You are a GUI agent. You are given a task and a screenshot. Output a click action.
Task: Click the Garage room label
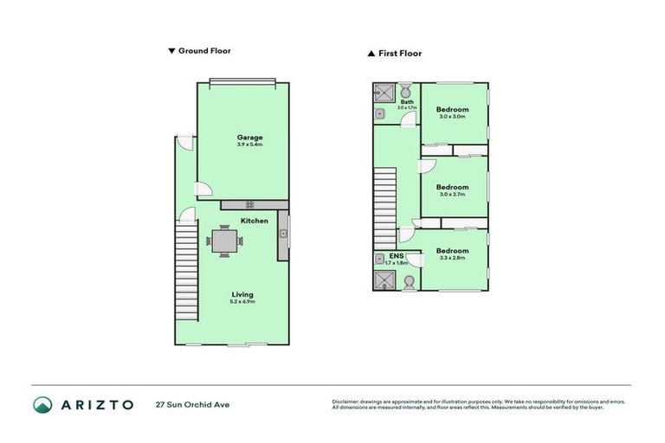click(x=249, y=138)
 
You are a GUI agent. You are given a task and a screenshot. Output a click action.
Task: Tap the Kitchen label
click(x=254, y=221)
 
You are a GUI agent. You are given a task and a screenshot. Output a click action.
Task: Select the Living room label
click(x=242, y=295)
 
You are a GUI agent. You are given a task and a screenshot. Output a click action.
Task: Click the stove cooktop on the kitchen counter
click(x=249, y=205)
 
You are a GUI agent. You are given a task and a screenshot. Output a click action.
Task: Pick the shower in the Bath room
click(x=383, y=93)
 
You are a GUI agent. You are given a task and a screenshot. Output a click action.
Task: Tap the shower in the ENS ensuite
click(x=383, y=279)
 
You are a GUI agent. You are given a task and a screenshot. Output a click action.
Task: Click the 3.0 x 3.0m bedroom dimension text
click(x=452, y=117)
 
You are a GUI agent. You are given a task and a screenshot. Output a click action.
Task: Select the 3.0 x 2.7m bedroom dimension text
click(x=452, y=195)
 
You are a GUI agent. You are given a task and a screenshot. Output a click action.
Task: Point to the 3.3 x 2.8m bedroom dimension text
click(x=452, y=258)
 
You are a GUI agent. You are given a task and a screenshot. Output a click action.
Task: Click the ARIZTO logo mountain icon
click(x=43, y=404)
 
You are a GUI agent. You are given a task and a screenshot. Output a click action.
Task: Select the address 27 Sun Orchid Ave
click(x=192, y=404)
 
